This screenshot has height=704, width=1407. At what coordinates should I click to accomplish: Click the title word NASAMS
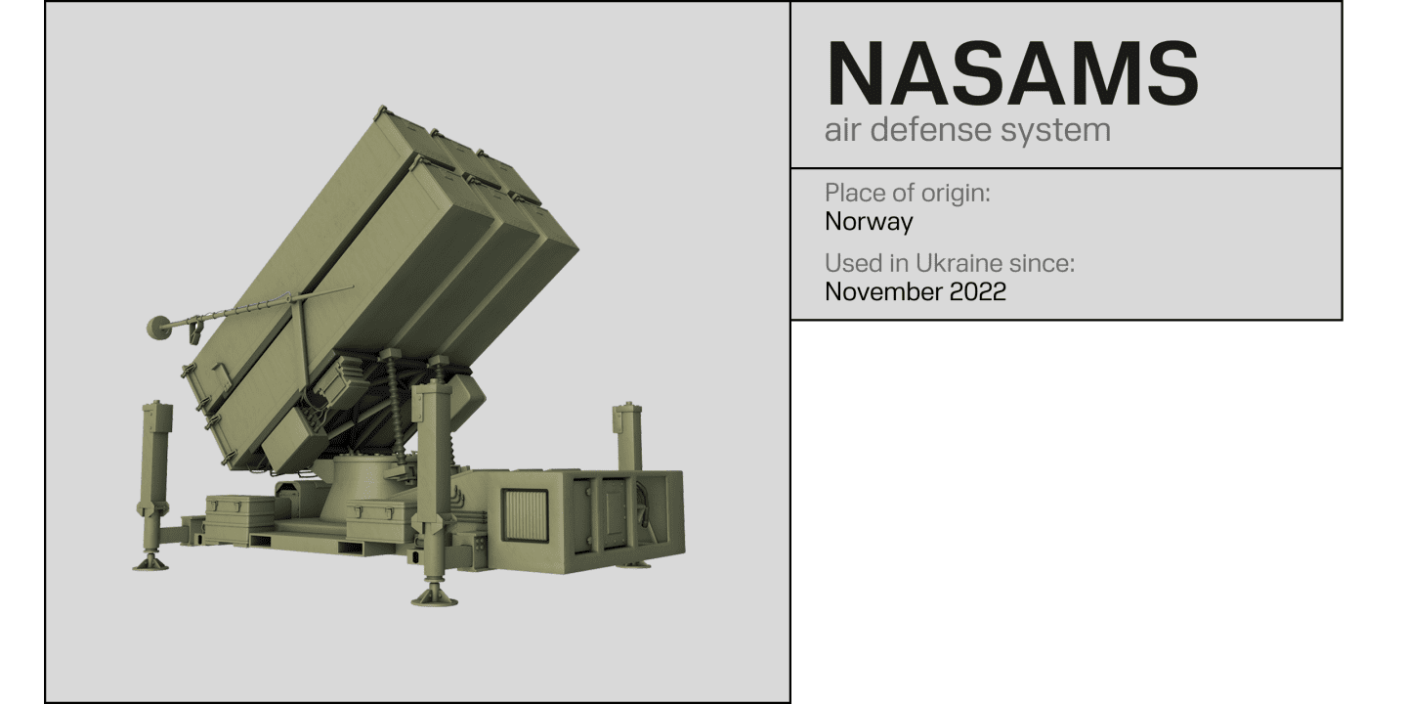1011,74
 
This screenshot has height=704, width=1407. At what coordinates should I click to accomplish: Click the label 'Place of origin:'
907,193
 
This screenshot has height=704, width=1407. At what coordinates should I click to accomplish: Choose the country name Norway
869,222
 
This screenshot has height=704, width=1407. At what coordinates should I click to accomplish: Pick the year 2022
977,291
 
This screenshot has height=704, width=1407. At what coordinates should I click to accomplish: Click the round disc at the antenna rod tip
157,327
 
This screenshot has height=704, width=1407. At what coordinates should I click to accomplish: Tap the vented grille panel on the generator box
525,513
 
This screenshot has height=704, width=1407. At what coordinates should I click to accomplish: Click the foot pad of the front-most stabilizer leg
434,594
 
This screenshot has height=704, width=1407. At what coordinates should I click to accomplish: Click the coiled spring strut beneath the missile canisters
395,401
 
